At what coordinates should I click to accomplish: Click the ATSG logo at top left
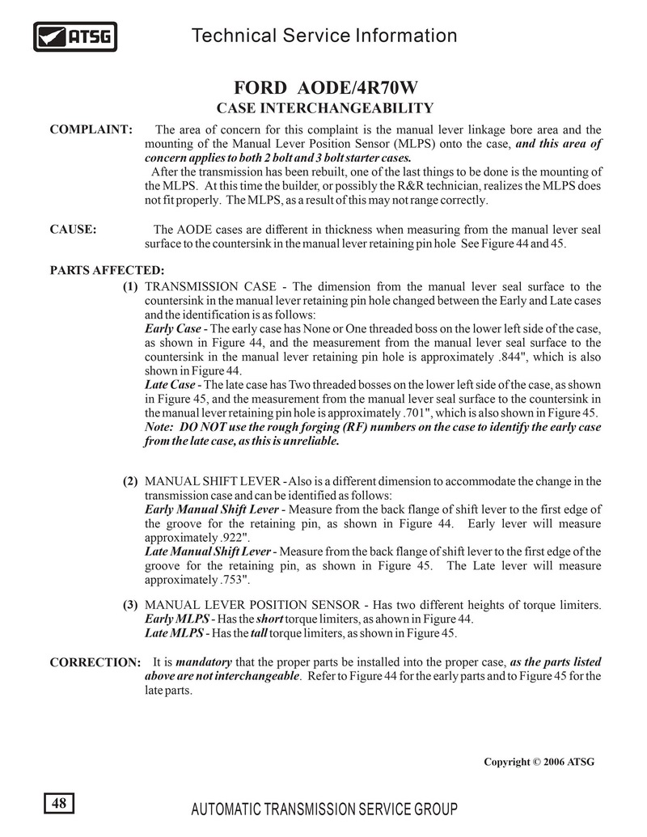point(75,36)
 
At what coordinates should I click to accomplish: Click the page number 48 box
point(58,803)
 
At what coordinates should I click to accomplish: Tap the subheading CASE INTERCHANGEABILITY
point(325,108)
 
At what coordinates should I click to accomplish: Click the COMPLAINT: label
point(91,129)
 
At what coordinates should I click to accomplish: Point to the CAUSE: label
point(74,230)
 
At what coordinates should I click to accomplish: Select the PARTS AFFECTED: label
point(108,270)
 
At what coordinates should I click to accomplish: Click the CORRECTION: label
point(95,663)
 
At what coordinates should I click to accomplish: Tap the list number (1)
point(130,286)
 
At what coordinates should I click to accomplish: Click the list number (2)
point(130,481)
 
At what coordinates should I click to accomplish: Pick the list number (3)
point(130,605)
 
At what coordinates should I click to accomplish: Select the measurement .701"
point(421,412)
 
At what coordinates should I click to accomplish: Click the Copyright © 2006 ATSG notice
point(539,762)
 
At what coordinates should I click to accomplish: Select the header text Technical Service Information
point(325,36)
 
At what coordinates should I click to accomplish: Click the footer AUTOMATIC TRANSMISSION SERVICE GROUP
point(323,810)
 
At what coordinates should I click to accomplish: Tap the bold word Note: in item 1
point(159,427)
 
